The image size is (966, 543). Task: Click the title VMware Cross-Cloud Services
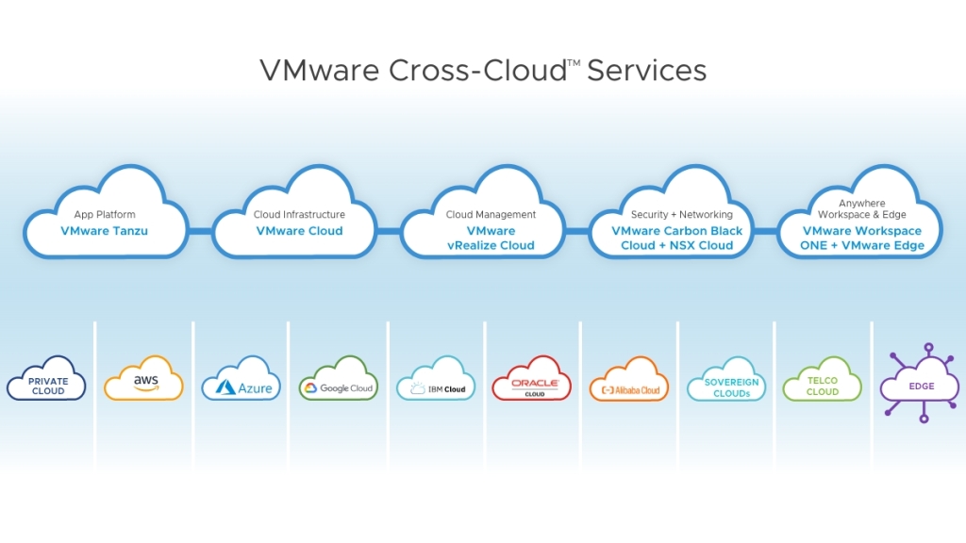pos(482,70)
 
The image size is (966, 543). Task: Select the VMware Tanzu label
pos(104,231)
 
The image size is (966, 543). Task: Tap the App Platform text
pos(104,215)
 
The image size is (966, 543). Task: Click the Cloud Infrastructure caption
pos(299,215)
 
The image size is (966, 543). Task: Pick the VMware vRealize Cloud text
pos(491,238)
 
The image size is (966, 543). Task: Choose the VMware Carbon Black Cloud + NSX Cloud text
pos(677,238)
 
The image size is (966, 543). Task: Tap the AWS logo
pos(144,380)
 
